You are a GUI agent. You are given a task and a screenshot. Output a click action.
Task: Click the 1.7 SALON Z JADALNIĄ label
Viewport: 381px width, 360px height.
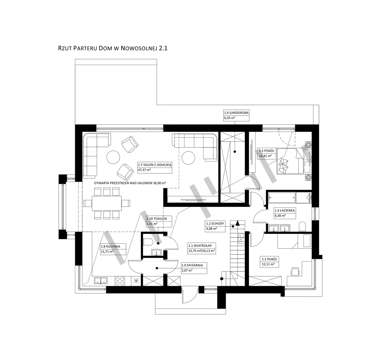point(155,165)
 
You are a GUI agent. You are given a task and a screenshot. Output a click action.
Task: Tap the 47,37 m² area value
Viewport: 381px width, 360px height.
point(144,170)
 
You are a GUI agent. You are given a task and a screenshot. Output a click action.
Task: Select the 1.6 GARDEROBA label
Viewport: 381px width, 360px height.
point(236,113)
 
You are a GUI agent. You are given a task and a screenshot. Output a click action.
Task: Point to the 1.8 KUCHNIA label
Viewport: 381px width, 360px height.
point(110,246)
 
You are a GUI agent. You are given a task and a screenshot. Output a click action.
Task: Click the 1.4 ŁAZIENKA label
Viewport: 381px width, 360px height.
point(285,210)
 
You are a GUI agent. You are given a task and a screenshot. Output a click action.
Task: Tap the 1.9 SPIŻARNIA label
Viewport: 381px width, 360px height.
point(192,265)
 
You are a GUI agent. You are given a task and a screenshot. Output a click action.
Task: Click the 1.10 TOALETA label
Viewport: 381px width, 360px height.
point(157,218)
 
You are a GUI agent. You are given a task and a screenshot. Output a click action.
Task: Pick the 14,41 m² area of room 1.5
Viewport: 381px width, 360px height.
point(265,156)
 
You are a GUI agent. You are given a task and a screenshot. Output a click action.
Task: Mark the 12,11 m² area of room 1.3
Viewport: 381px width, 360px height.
point(268,264)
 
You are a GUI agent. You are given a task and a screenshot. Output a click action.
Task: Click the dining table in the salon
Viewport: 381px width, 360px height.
point(107,203)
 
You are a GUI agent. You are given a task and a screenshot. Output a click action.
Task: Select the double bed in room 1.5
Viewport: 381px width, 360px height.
point(293,161)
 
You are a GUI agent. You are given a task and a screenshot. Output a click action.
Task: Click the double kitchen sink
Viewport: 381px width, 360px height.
point(101,281)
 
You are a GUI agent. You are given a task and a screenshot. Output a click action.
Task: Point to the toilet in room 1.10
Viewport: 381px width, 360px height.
point(148,242)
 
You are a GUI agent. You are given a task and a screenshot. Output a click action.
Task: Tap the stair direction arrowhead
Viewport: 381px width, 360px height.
point(237,223)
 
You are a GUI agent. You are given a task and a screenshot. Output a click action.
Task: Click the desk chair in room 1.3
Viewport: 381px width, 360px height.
point(295,271)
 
